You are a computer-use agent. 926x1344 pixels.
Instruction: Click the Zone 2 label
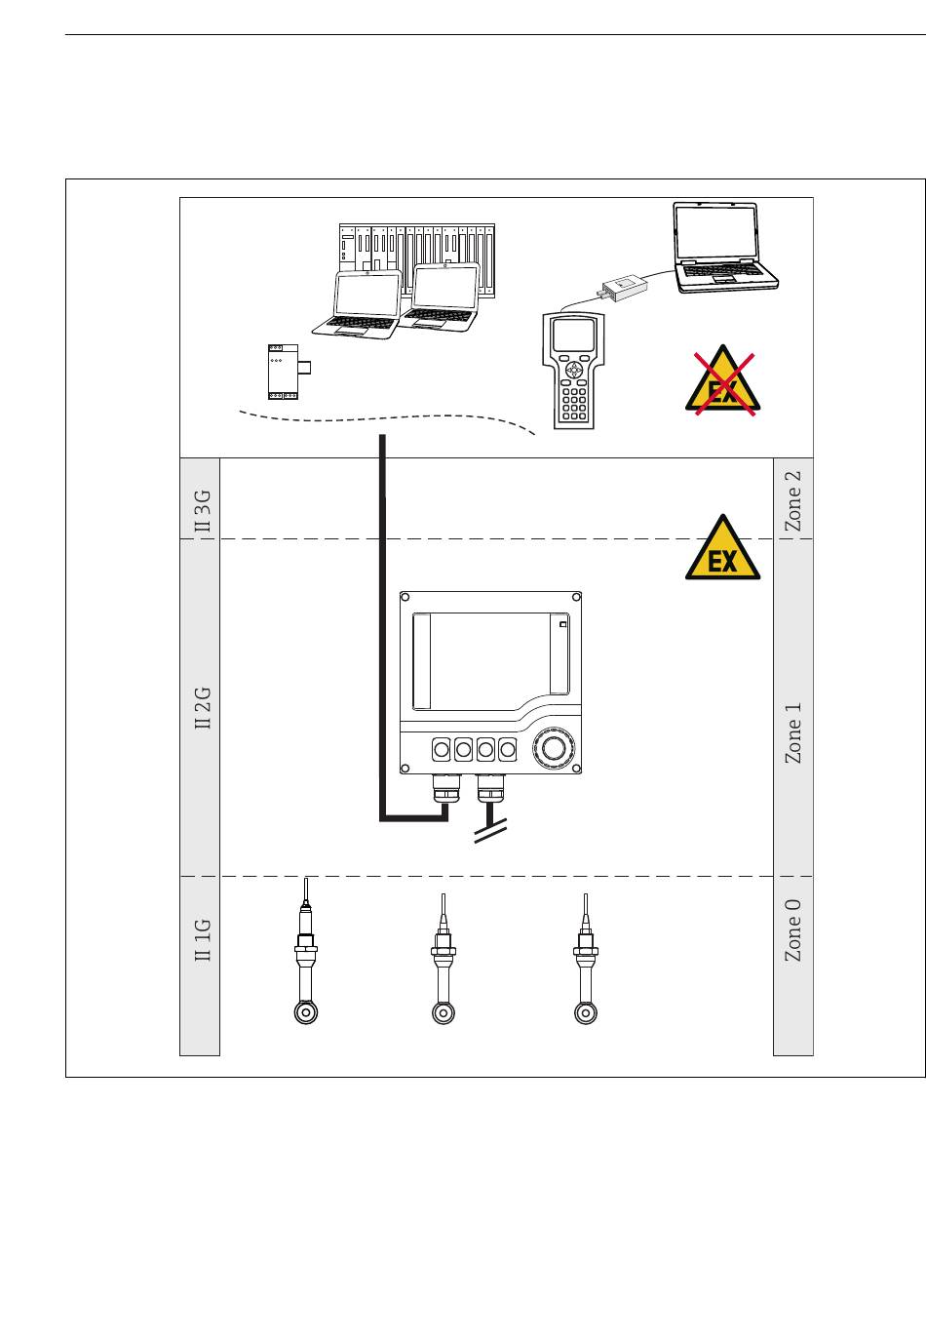(792, 501)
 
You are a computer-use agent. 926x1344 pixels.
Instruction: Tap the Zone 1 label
(792, 733)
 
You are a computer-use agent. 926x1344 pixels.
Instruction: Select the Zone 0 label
(792, 930)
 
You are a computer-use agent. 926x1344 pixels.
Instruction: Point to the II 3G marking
(203, 511)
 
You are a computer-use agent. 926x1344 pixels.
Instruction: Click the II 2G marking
(203, 708)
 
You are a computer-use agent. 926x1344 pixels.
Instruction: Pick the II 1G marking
(203, 939)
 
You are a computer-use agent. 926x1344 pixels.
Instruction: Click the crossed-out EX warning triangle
(723, 382)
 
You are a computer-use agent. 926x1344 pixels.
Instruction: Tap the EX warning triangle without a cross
(722, 548)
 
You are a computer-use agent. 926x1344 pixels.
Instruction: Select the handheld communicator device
(573, 371)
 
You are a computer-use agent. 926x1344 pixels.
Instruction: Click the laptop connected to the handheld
(724, 248)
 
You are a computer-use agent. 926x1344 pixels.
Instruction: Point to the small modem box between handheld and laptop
(623, 286)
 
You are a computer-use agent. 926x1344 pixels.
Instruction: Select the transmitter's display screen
(490, 661)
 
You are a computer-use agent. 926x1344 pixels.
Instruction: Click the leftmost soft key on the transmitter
(441, 749)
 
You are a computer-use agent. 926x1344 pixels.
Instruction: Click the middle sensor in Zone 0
(444, 959)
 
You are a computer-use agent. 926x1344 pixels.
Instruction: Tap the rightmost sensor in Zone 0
(586, 959)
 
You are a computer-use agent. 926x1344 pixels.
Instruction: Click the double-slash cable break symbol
(490, 831)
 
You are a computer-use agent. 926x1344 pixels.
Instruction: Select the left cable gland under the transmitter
(446, 788)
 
